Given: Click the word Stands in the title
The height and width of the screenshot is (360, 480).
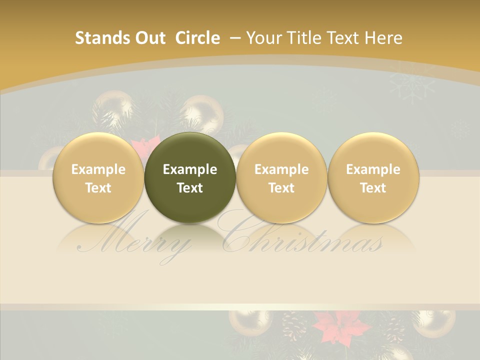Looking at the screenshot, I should [95, 38].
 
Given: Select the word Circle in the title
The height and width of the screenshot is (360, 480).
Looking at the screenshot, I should [197, 38].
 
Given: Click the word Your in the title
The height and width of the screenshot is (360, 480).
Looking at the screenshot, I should [265, 38].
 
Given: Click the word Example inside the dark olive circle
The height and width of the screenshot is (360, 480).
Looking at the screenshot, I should [190, 169].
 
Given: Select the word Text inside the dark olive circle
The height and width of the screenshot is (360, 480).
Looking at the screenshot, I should [190, 188].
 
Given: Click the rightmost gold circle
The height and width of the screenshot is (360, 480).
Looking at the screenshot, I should [373, 177].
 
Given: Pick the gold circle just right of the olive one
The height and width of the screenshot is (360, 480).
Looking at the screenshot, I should [281, 177].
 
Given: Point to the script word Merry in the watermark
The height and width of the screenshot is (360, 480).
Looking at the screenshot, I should [135, 242].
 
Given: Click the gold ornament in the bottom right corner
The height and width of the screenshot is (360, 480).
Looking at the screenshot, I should [434, 322].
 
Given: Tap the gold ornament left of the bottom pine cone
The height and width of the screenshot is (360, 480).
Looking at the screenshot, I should [250, 322].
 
